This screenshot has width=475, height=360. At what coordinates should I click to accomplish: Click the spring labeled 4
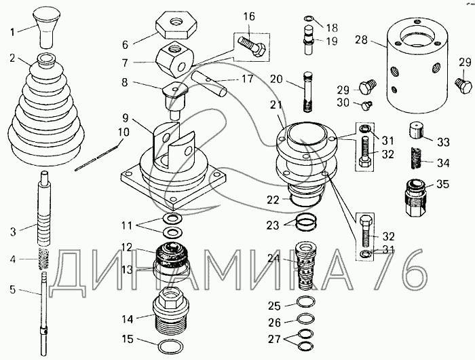coord(44,259)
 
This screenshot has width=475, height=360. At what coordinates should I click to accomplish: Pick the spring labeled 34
coord(416,158)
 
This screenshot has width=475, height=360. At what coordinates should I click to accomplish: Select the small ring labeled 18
coord(309,19)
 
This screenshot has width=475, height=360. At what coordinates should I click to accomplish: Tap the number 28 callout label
coord(362,39)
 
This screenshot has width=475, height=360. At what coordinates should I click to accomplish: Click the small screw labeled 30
coord(367,105)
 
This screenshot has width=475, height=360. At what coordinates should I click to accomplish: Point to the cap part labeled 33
coord(417,130)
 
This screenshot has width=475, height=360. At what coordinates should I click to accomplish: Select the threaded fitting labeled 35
coord(416,198)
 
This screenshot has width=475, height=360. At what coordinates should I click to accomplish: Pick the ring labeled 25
coord(305,302)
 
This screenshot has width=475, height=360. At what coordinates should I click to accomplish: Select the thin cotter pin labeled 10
coord(97,158)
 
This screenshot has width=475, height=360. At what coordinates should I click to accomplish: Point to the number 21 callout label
coord(276,105)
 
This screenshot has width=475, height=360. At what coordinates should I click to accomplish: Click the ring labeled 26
coord(305,319)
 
